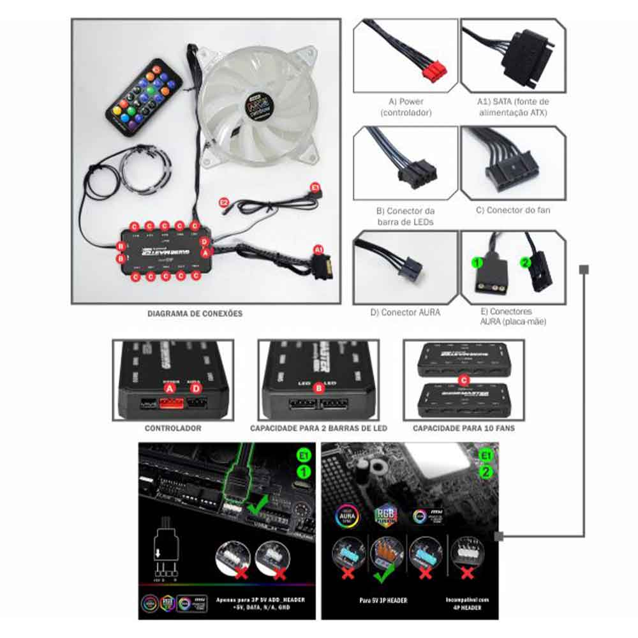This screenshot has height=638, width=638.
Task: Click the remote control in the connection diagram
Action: tap(144, 96)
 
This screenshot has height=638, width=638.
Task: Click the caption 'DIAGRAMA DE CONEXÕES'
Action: tap(195, 314)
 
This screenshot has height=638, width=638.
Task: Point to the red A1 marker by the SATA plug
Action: tap(317, 250)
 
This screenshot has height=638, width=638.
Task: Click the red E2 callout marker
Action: tap(224, 202)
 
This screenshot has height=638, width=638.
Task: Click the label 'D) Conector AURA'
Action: tap(406, 313)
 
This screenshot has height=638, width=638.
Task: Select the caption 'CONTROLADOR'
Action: tap(173, 428)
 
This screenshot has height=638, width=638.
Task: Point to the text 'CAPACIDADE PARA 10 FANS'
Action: tap(464, 428)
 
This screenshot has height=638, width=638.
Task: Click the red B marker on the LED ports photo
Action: tap(320, 387)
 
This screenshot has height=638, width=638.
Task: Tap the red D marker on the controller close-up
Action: tap(197, 388)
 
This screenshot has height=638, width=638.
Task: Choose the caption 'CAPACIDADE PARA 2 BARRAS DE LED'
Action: tap(318, 428)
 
